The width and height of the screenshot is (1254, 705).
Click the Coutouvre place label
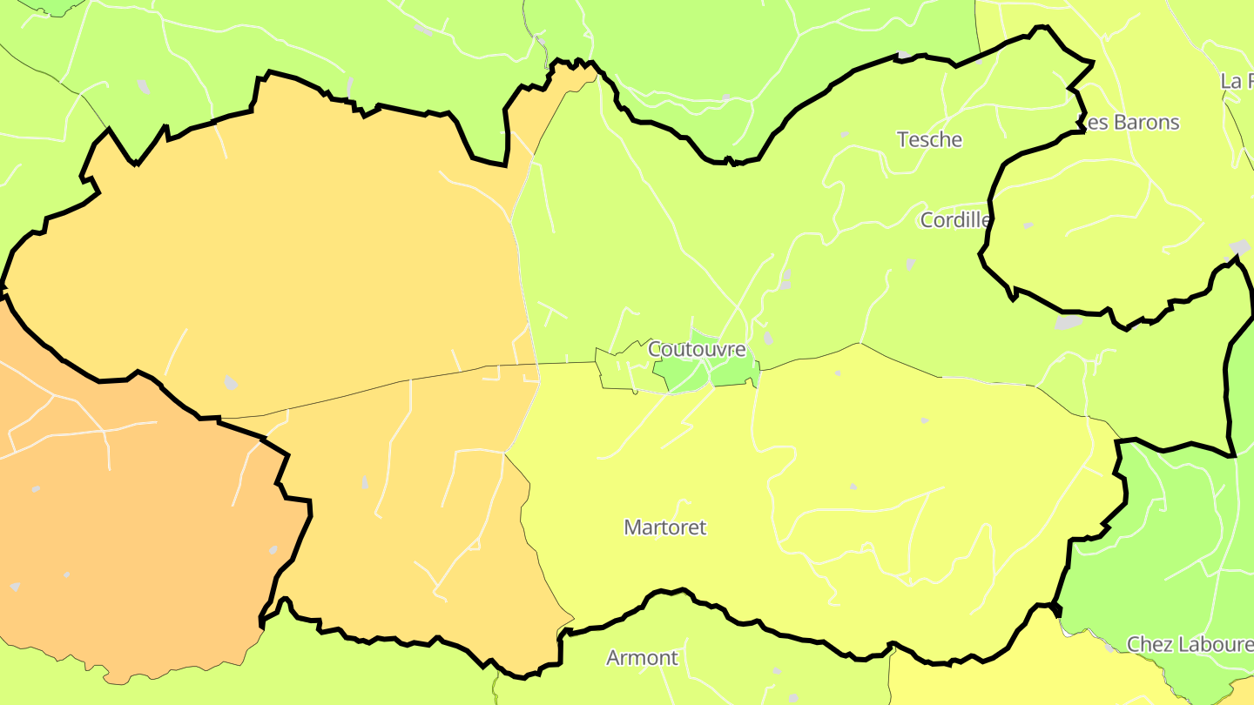(x=697, y=349)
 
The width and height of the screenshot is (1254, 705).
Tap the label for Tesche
(x=929, y=139)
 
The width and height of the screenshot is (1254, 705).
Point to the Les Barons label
(x=1129, y=122)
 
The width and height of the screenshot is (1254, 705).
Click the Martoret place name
(x=665, y=527)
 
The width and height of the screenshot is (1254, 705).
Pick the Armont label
(x=642, y=657)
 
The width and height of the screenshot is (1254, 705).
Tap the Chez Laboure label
(x=1190, y=644)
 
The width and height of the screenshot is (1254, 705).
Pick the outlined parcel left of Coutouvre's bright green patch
(x=623, y=370)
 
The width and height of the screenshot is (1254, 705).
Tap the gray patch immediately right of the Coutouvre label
(x=767, y=338)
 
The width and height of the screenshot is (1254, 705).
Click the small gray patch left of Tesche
(x=843, y=135)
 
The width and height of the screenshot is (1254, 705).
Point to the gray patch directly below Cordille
(x=910, y=263)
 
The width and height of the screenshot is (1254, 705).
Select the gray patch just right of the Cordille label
(x=1028, y=225)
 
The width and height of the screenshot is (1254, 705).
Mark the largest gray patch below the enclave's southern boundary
(x=1068, y=322)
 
